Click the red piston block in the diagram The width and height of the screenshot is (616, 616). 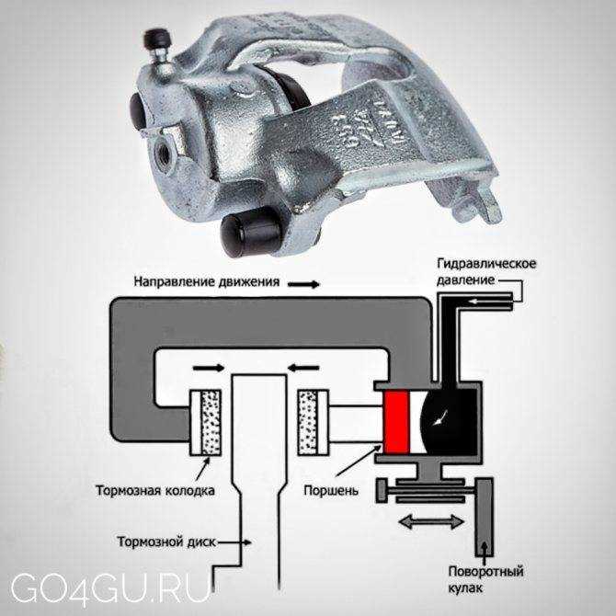tap(397, 423)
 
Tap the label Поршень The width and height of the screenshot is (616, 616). tap(331, 491)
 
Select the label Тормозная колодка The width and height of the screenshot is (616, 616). tap(155, 491)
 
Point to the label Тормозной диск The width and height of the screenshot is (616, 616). tap(167, 542)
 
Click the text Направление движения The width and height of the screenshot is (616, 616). tap(207, 281)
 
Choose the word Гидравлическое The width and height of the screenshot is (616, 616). tap(486, 264)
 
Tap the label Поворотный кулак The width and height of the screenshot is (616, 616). tap(486, 579)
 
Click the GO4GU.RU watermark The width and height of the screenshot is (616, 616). tap(110, 588)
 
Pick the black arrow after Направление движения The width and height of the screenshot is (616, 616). tap(303, 284)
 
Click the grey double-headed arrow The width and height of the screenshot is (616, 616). tap(431, 522)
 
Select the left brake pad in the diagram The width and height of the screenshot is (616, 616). tap(205, 423)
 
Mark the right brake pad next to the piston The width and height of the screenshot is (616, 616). tap(314, 423)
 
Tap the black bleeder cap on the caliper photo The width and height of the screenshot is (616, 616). tap(158, 39)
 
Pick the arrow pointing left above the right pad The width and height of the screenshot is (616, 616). tap(303, 368)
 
